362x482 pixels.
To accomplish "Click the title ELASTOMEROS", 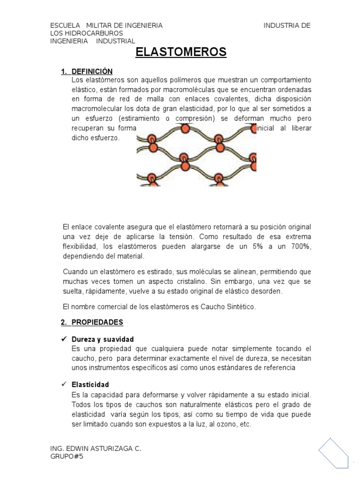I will click(x=181, y=52).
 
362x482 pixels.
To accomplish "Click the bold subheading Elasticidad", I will click(x=90, y=384).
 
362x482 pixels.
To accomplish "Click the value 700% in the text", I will click(x=300, y=247).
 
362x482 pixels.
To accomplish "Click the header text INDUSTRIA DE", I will click(x=287, y=25).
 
